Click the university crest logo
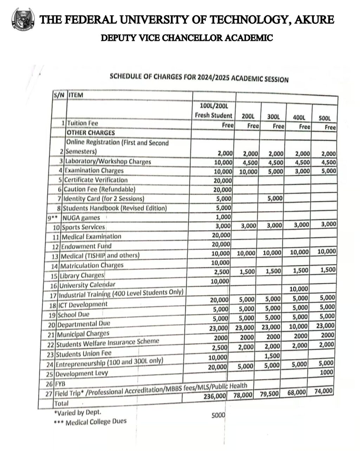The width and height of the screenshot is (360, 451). click(23, 20)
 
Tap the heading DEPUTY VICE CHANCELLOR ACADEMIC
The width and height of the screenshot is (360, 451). click(187, 38)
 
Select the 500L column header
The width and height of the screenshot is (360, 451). click(324, 118)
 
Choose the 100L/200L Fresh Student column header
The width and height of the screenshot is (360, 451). click(214, 110)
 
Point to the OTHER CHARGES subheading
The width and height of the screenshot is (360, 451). click(91, 133)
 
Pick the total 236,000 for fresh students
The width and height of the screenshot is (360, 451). click(216, 396)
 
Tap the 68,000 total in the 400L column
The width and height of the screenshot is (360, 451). click(297, 392)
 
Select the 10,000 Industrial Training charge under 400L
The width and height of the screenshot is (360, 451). click(298, 289)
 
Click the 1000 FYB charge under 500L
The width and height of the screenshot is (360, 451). click(327, 372)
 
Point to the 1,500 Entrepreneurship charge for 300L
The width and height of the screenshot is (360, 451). click(272, 356)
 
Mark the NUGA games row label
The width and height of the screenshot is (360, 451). click(81, 218)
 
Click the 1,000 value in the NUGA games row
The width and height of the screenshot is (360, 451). click(224, 217)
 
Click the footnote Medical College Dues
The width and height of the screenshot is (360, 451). click(96, 421)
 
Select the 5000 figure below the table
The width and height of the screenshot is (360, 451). click(218, 415)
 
